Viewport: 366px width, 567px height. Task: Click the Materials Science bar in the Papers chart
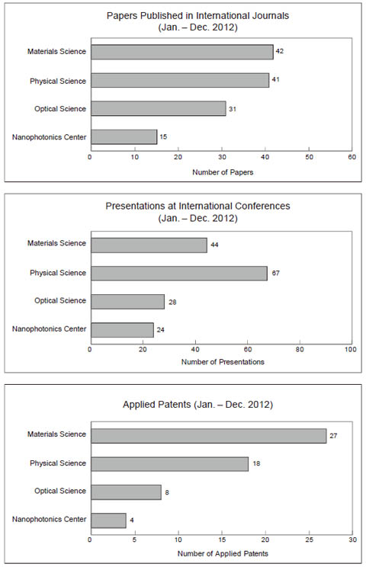pos(182,52)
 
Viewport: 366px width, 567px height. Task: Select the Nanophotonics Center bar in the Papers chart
pos(124,136)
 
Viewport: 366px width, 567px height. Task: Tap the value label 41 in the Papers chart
pos(275,79)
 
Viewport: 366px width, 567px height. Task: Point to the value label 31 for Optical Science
pos(233,109)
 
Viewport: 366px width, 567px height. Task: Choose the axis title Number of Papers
pos(223,172)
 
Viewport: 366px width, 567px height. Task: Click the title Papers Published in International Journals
pos(197,16)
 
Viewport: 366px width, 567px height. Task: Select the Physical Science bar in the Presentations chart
pos(179,274)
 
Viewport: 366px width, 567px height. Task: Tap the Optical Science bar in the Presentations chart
pos(127,302)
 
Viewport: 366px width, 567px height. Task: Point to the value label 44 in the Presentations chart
pos(214,245)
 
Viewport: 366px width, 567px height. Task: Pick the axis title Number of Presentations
pos(223,362)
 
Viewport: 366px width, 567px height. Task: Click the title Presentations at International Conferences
pos(197,206)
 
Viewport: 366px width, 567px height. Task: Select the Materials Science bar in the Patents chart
pos(209,436)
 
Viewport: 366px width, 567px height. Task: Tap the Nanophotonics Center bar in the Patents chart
pos(108,521)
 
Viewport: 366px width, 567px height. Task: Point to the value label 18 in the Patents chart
pos(256,463)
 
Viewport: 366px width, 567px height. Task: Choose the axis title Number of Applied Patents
pos(223,553)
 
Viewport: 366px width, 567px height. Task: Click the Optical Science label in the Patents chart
pos(60,491)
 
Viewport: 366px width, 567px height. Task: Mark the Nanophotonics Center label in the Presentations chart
pos(50,329)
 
